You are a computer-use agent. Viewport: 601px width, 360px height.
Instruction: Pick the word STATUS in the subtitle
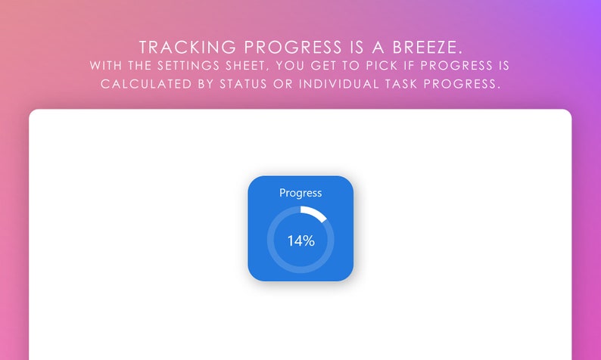pos(243,84)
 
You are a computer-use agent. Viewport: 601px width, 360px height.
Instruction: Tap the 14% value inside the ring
pos(300,241)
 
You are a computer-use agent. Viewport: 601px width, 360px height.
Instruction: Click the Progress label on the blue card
pos(300,193)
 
